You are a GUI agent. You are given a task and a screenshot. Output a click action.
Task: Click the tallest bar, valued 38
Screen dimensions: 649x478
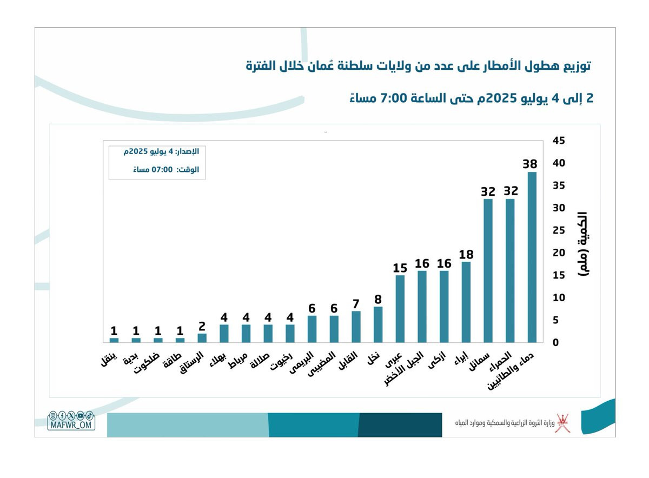pyautogui.click(x=532, y=257)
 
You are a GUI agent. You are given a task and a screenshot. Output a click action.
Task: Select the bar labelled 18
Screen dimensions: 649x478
pyautogui.click(x=466, y=302)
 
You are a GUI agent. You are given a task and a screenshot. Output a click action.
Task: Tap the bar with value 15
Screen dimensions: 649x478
pyautogui.click(x=400, y=309)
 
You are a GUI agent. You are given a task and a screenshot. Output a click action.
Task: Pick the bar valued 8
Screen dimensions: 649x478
pyautogui.click(x=378, y=325)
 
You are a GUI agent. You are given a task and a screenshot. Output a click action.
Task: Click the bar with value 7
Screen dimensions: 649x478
pyautogui.click(x=356, y=327)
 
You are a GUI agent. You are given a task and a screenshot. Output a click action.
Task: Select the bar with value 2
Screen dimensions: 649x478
pyautogui.click(x=202, y=338)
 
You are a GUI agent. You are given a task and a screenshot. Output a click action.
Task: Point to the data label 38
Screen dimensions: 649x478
pyautogui.click(x=529, y=164)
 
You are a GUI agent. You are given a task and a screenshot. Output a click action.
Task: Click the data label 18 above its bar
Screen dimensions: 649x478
pyautogui.click(x=466, y=255)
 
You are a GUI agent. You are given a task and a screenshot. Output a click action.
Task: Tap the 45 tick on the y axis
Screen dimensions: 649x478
pyautogui.click(x=559, y=141)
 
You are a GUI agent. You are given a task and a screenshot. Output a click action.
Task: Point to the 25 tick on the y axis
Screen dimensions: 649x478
pyautogui.click(x=559, y=230)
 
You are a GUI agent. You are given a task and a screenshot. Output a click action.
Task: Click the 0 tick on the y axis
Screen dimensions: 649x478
pyautogui.click(x=555, y=342)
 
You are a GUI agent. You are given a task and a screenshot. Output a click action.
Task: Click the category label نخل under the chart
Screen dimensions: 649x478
pyautogui.click(x=374, y=358)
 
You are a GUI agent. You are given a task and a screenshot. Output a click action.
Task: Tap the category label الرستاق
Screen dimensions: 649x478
pyautogui.click(x=191, y=362)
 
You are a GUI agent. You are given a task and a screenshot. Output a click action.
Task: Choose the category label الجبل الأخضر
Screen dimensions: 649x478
pyautogui.click(x=404, y=368)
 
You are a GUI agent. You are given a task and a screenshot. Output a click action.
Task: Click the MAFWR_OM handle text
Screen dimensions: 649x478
pyautogui.click(x=71, y=425)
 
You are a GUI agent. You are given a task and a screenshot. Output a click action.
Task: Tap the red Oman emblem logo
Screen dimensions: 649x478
pyautogui.click(x=563, y=423)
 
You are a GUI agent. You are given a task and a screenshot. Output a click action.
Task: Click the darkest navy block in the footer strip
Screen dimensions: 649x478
pyautogui.click(x=400, y=424)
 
